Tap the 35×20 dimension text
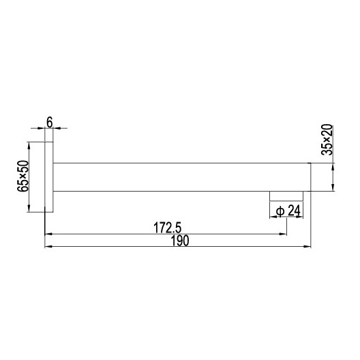327,140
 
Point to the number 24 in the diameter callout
294,211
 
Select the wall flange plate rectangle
49,177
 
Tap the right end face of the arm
310,177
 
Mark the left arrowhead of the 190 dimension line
48,248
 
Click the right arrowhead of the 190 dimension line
307,248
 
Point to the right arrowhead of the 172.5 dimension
284,234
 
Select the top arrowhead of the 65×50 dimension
29,145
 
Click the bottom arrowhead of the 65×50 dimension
29,209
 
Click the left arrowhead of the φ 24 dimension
273,218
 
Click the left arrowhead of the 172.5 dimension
48,234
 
